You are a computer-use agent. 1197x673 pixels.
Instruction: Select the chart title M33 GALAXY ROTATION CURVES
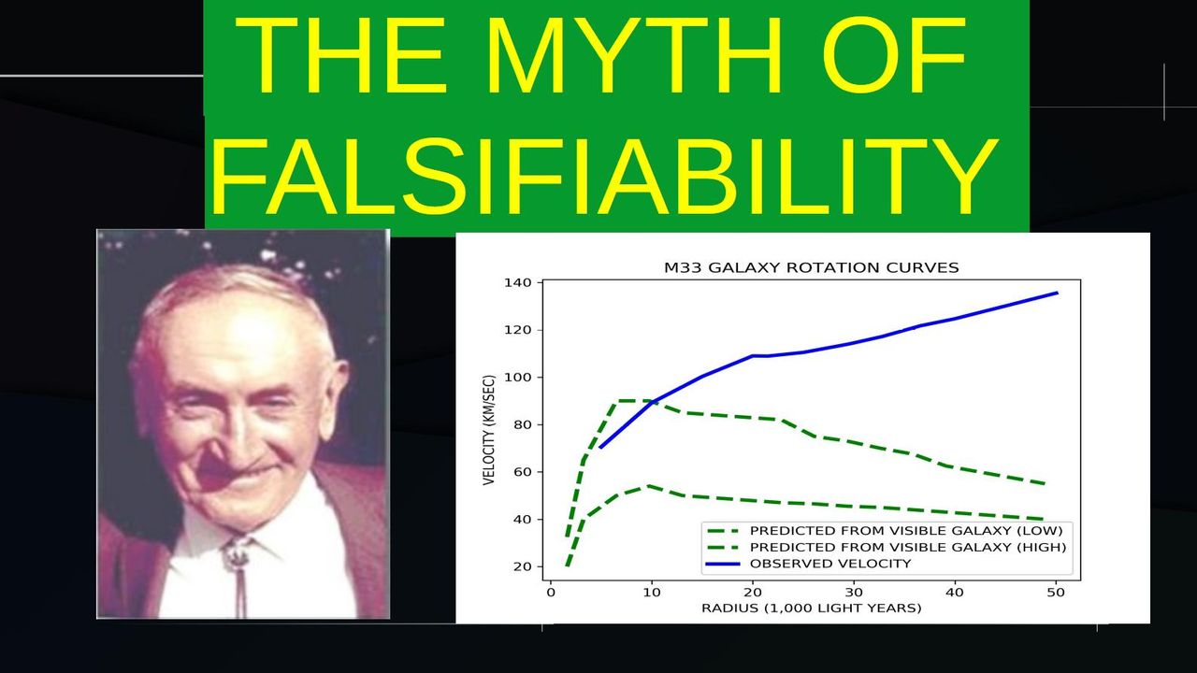pyautogui.click(x=811, y=267)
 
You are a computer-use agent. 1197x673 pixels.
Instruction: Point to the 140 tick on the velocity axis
pyautogui.click(x=517, y=282)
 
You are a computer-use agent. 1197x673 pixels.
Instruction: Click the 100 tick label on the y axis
pyautogui.click(x=517, y=378)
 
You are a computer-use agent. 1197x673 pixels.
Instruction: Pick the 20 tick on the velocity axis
pyautogui.click(x=521, y=566)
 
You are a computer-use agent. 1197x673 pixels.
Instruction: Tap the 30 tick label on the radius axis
pyautogui.click(x=854, y=593)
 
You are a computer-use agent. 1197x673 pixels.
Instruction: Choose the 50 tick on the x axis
pyautogui.click(x=1056, y=593)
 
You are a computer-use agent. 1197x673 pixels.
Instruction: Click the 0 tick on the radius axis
pyautogui.click(x=551, y=593)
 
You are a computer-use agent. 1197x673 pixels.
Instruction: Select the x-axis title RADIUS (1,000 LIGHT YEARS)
pyautogui.click(x=811, y=609)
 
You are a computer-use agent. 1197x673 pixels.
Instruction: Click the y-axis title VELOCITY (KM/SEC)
pyautogui.click(x=489, y=430)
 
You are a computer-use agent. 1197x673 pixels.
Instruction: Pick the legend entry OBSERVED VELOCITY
pyautogui.click(x=830, y=564)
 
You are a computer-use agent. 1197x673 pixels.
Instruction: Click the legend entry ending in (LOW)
pyautogui.click(x=906, y=531)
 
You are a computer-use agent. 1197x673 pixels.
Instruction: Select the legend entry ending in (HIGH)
pyautogui.click(x=908, y=548)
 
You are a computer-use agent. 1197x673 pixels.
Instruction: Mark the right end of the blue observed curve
pyautogui.click(x=1058, y=293)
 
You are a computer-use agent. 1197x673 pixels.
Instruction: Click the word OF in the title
pyautogui.click(x=893, y=55)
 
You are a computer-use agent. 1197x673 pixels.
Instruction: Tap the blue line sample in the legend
pyautogui.click(x=723, y=564)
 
